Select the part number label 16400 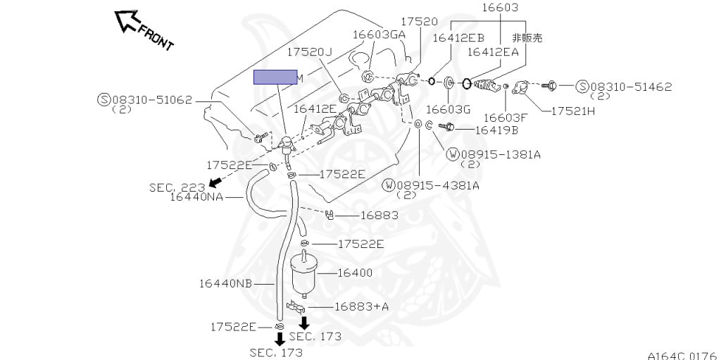coord(355,273)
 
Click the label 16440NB coord(225,284)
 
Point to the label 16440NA coord(196,197)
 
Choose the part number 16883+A coord(361,306)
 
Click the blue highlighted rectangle coord(275,77)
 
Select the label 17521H coord(572,111)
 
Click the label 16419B coord(496,130)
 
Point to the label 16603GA coord(379,34)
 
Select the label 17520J coord(309,52)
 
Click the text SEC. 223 coord(177,187)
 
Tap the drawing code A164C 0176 coord(682,355)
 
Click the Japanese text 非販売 coord(527,38)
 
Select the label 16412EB coord(458,38)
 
